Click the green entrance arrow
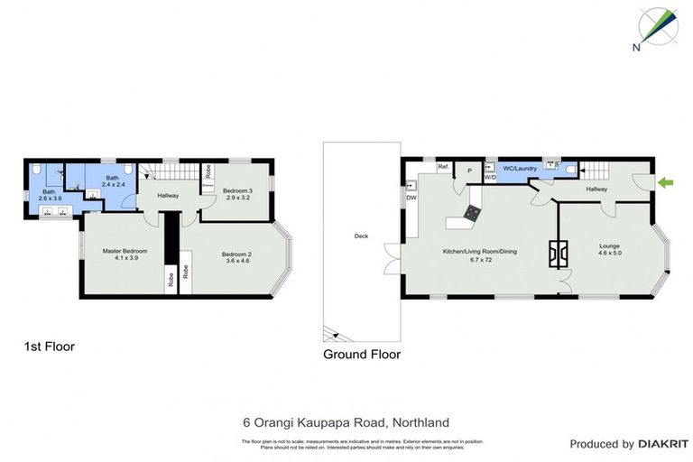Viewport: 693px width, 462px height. pyautogui.click(x=666, y=184)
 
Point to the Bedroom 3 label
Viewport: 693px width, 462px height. pyautogui.click(x=238, y=192)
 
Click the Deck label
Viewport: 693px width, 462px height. pyautogui.click(x=361, y=236)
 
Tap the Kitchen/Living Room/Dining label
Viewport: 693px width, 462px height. pyautogui.click(x=478, y=255)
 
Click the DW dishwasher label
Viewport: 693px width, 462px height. pyautogui.click(x=411, y=198)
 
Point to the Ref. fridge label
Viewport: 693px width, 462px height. pyautogui.click(x=443, y=167)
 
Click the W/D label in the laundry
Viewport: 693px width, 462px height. pyautogui.click(x=490, y=178)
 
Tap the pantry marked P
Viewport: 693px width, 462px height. pyautogui.click(x=469, y=171)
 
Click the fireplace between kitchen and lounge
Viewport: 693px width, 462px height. pyautogui.click(x=559, y=255)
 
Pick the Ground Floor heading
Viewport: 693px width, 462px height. pyautogui.click(x=362, y=355)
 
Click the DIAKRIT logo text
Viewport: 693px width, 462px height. pyautogui.click(x=664, y=444)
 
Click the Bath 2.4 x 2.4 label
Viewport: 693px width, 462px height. pyautogui.click(x=113, y=180)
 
